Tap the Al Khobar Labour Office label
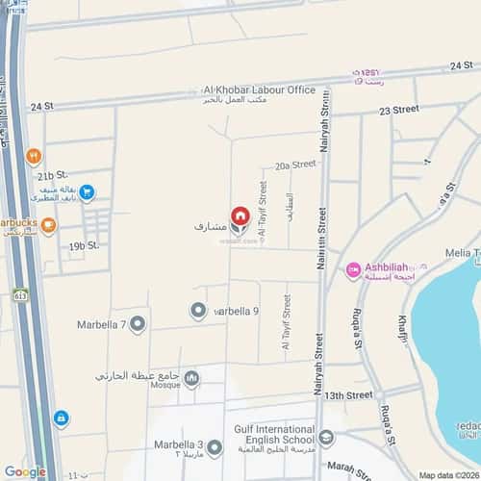pyautogui.click(x=258, y=89)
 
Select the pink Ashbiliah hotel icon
pyautogui.click(x=353, y=270)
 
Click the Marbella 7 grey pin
pyautogui.click(x=138, y=323)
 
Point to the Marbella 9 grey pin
pyautogui.click(x=198, y=311)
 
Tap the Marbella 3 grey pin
pyautogui.click(x=215, y=447)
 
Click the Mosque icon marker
pyautogui.click(x=191, y=378)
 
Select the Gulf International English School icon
pyautogui.click(x=328, y=438)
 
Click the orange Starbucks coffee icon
pyautogui.click(x=49, y=224)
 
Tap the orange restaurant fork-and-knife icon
pyautogui.click(x=35, y=154)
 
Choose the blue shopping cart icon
pyautogui.click(x=86, y=192)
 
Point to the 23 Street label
pyautogui.click(x=399, y=111)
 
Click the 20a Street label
pyautogui.click(x=295, y=165)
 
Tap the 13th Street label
pyautogui.click(x=347, y=395)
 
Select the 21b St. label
pyautogui.click(x=52, y=176)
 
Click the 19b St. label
pyautogui.click(x=84, y=245)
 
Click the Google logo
pyautogui.click(x=25, y=471)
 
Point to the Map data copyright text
pyautogui.click(x=447, y=475)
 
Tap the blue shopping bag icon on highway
pyautogui.click(x=62, y=418)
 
